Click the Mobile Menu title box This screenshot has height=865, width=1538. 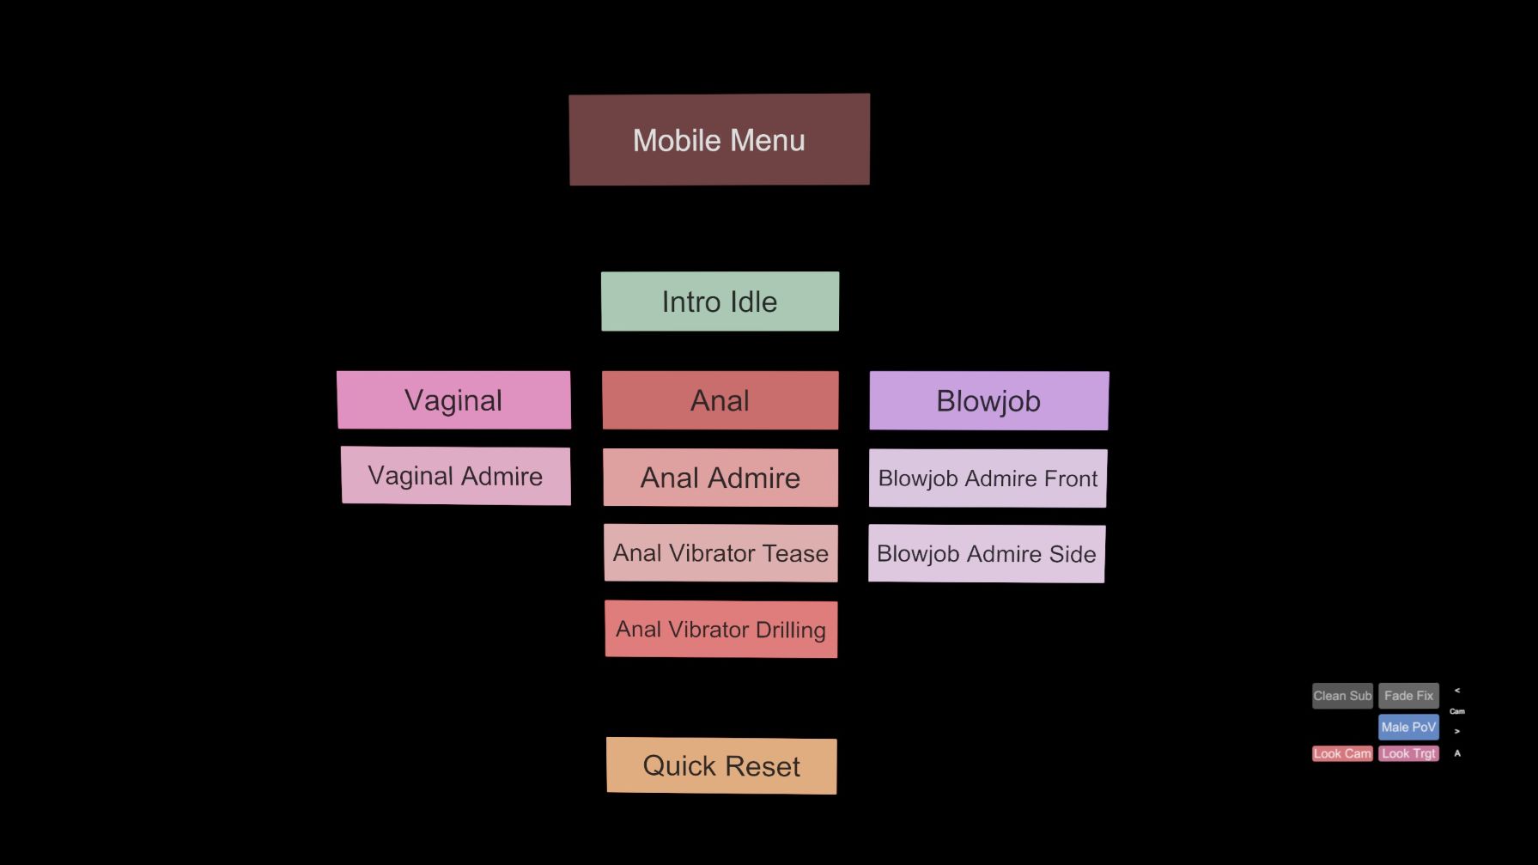pos(720,139)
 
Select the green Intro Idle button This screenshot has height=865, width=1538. pos(720,302)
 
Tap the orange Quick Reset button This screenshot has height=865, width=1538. pos(721,765)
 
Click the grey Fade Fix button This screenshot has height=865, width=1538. pos(1408,696)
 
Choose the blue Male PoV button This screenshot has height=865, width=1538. pos(1408,727)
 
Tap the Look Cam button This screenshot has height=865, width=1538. pos(1342,753)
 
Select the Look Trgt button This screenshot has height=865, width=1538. pos(1408,753)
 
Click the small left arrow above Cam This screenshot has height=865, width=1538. pos(1457,691)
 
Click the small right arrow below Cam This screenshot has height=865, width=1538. pos(1457,732)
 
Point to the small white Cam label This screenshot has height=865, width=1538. pos(1457,711)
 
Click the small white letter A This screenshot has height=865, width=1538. pos(1457,753)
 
